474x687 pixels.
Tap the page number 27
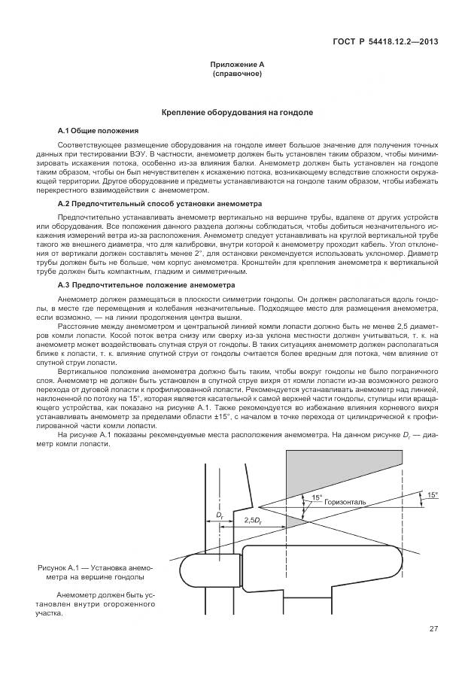(434, 628)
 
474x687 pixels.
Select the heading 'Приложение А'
(237, 65)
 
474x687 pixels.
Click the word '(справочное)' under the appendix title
(237, 74)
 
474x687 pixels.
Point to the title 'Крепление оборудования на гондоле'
(237, 112)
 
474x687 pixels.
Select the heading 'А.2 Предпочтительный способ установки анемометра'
(160, 204)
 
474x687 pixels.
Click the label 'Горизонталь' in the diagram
(345, 501)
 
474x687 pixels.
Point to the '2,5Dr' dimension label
(254, 520)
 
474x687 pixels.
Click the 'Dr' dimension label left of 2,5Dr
(220, 515)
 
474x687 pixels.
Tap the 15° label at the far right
(432, 494)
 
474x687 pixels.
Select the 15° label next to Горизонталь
(317, 497)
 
